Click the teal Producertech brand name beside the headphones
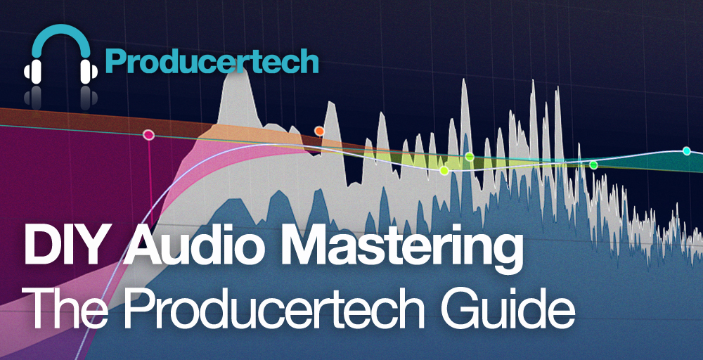coord(212,60)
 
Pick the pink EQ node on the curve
coord(148,134)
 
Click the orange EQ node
coord(319,131)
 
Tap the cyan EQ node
coord(686,150)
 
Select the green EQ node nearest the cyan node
coord(593,165)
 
